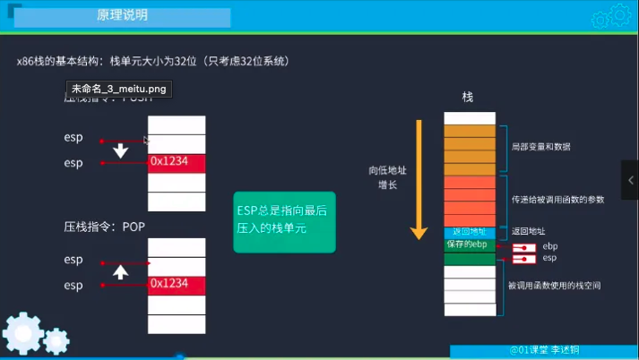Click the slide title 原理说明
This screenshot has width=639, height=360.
point(123,16)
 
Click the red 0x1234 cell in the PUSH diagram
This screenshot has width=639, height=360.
point(177,163)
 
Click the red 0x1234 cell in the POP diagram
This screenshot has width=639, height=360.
point(177,285)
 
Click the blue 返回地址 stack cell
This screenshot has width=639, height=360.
point(469,232)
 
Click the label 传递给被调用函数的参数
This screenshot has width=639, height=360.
point(556,199)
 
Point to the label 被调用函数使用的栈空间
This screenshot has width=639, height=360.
point(553,286)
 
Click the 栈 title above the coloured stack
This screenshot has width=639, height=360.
point(467,96)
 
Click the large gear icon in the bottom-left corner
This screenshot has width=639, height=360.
point(21,335)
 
